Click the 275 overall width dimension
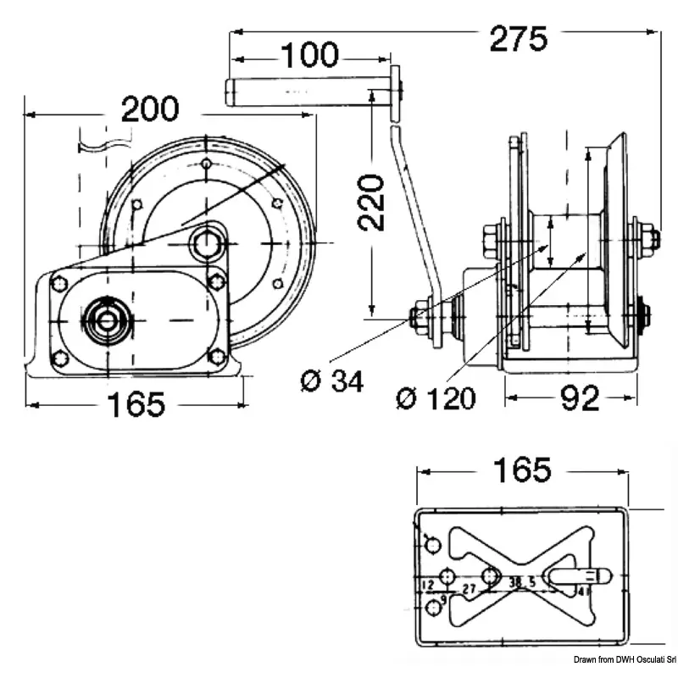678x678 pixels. [x=518, y=39]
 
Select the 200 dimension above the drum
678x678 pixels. [x=151, y=110]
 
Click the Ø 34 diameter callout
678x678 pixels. [x=332, y=382]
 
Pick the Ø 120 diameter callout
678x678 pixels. [x=436, y=397]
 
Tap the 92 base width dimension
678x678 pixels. [x=581, y=397]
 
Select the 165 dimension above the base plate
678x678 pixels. [x=523, y=470]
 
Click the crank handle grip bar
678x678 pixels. [x=301, y=91]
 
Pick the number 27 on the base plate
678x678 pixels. [x=469, y=586]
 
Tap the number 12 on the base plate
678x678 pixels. [x=428, y=585]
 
